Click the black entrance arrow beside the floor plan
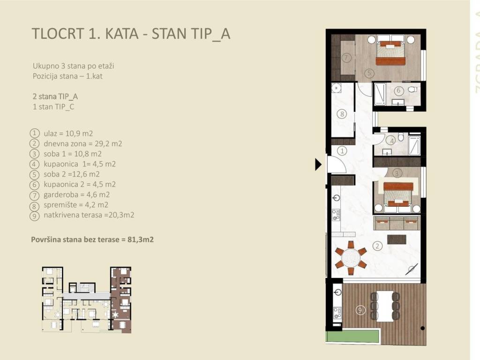[318, 165]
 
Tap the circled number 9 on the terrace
[360, 310]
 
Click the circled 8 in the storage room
[342, 114]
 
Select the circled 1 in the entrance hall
[342, 150]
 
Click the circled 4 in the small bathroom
[391, 141]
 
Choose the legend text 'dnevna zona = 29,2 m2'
[83, 143]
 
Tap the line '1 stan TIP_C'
[53, 107]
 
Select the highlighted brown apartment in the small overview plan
[121, 300]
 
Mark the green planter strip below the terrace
[353, 336]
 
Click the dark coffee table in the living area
[397, 240]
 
